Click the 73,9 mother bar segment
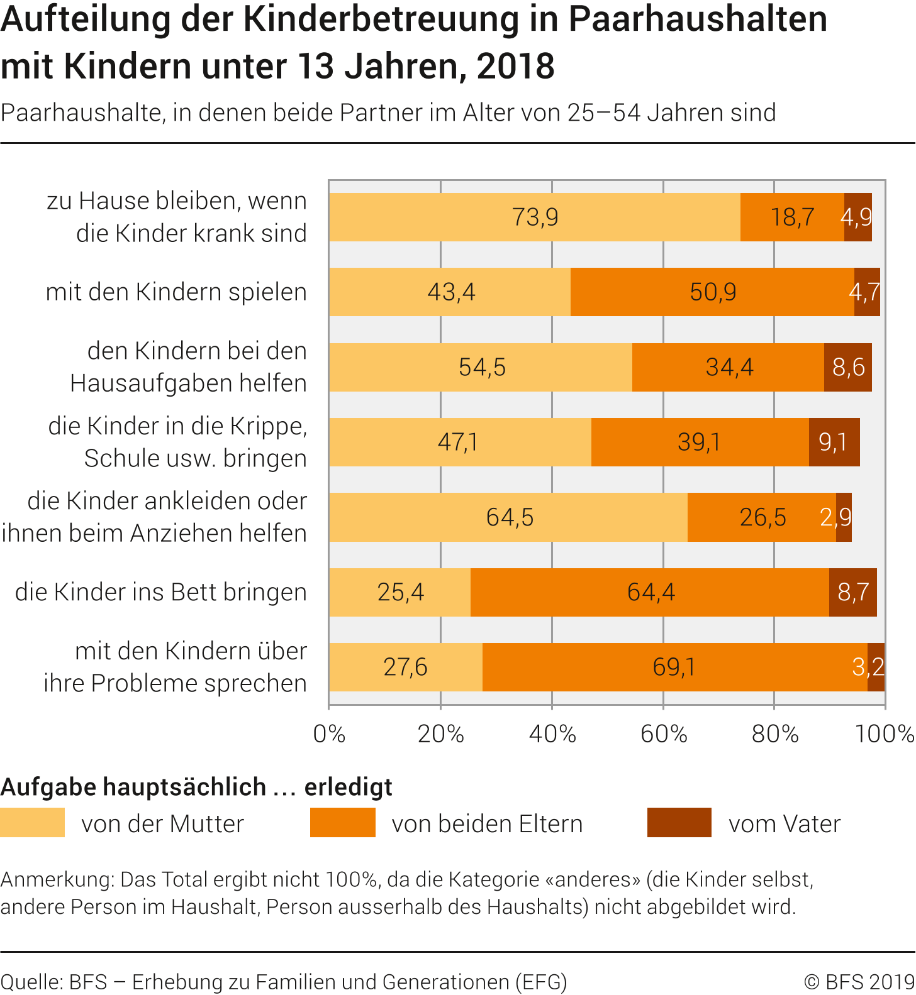click(x=535, y=217)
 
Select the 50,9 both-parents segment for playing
click(x=712, y=292)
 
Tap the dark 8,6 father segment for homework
click(x=848, y=367)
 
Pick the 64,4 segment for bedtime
click(x=650, y=592)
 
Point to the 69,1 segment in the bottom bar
click(x=674, y=667)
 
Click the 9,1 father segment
click(x=834, y=443)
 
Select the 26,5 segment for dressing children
click(x=762, y=517)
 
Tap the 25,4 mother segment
click(x=400, y=592)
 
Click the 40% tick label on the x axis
click(x=552, y=734)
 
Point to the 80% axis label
click(x=775, y=734)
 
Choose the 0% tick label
click(x=329, y=734)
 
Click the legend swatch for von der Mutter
click(x=33, y=823)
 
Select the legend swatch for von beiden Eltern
click(x=343, y=823)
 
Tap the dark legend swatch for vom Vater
click(x=679, y=823)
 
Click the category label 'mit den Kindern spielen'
click(x=176, y=292)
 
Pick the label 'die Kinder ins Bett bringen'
click(x=161, y=592)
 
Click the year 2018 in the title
click(x=516, y=67)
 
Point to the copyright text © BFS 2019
click(x=859, y=982)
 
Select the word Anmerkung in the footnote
click(x=57, y=879)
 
